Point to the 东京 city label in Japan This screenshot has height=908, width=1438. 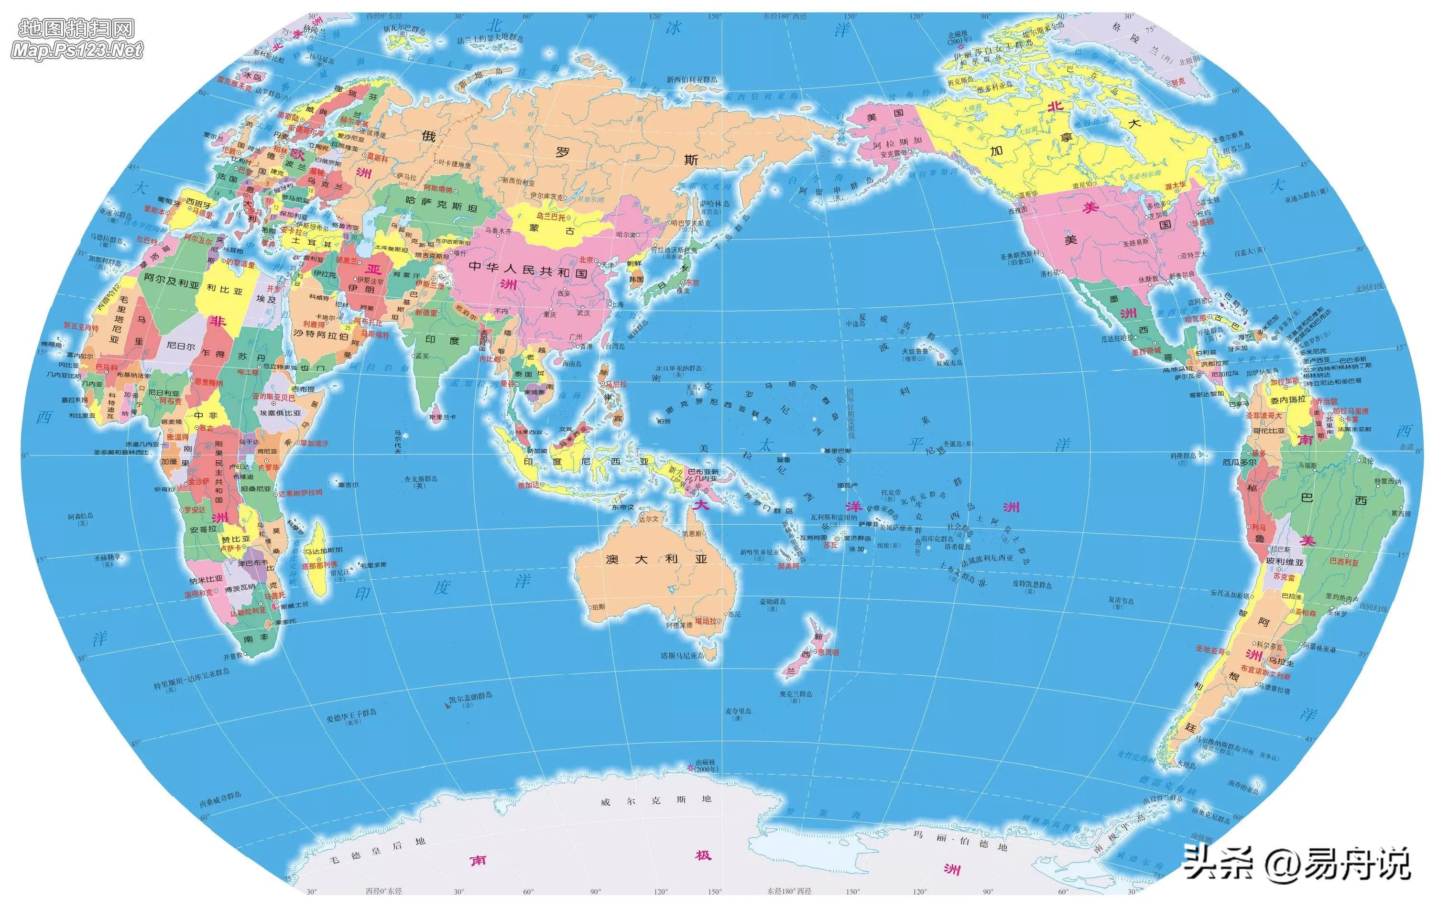[692, 282]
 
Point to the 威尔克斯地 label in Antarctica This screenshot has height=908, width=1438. [656, 800]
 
